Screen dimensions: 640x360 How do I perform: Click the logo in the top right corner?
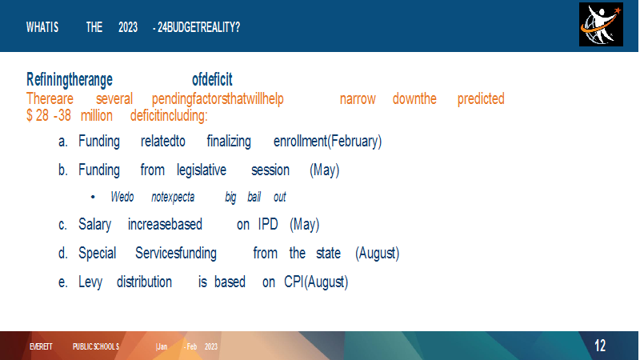point(601,25)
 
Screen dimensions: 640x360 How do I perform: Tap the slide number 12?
point(599,346)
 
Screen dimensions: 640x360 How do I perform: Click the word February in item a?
point(354,142)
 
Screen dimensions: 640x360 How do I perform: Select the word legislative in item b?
point(202,170)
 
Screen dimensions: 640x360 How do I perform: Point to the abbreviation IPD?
point(268,225)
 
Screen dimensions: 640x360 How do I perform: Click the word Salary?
point(94,225)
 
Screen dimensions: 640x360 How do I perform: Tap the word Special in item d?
point(97,254)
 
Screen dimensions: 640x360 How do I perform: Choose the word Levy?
point(90,282)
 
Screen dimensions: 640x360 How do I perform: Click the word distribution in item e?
point(144,282)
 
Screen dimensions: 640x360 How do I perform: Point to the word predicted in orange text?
point(481,99)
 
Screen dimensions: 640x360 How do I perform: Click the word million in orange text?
point(96,115)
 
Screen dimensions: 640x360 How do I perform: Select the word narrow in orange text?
point(358,99)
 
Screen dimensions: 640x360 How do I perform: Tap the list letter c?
point(62,225)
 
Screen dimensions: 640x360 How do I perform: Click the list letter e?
point(62,282)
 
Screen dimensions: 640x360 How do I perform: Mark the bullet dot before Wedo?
point(93,197)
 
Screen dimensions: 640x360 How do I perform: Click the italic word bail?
point(254,197)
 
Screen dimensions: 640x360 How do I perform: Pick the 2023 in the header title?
point(128,27)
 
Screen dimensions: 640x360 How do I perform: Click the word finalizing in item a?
point(229,142)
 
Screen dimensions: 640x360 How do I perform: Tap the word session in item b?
point(270,170)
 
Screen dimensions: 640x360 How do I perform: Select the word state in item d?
point(328,254)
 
